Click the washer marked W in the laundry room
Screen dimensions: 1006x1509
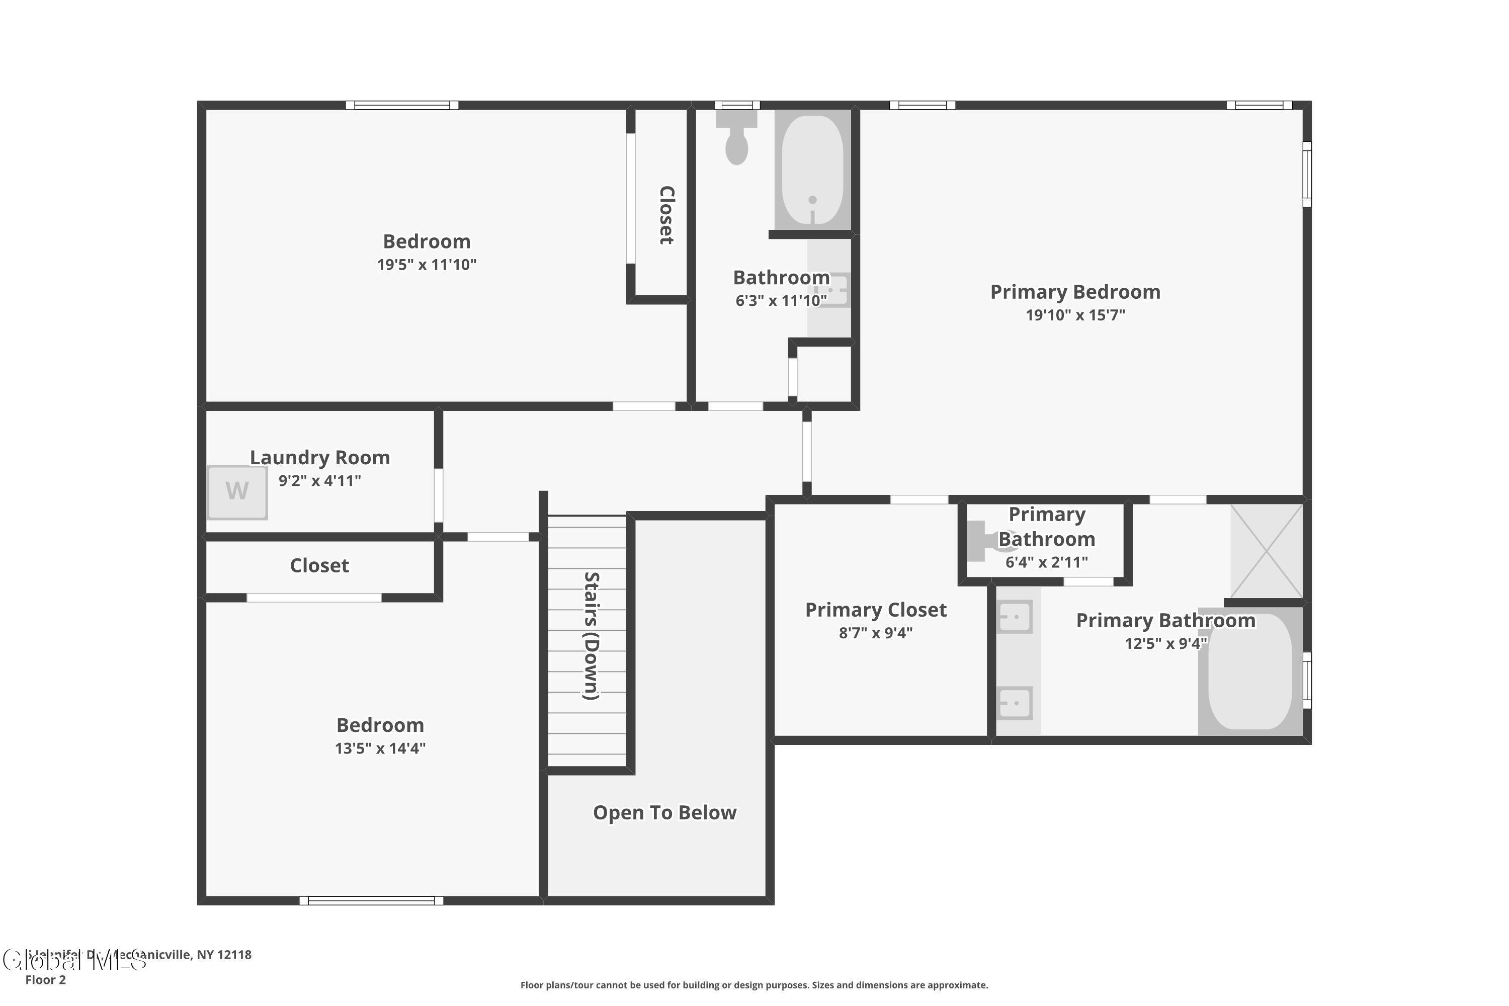pyautogui.click(x=237, y=491)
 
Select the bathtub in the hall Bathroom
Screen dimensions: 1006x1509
pyautogui.click(x=812, y=170)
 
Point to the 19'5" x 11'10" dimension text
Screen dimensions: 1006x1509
pyautogui.click(x=427, y=265)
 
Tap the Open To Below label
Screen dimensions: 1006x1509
pyautogui.click(x=664, y=812)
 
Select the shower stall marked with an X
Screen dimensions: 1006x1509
pyautogui.click(x=1266, y=550)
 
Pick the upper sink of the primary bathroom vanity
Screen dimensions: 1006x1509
pyautogui.click(x=1016, y=617)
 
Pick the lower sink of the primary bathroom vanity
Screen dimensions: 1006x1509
pyautogui.click(x=1016, y=703)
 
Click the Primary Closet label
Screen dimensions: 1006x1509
pyautogui.click(x=875, y=610)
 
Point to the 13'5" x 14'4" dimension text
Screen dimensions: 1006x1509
pyautogui.click(x=380, y=748)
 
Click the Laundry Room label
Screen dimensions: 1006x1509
pyautogui.click(x=319, y=457)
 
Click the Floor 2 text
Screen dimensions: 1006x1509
pyautogui.click(x=46, y=980)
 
